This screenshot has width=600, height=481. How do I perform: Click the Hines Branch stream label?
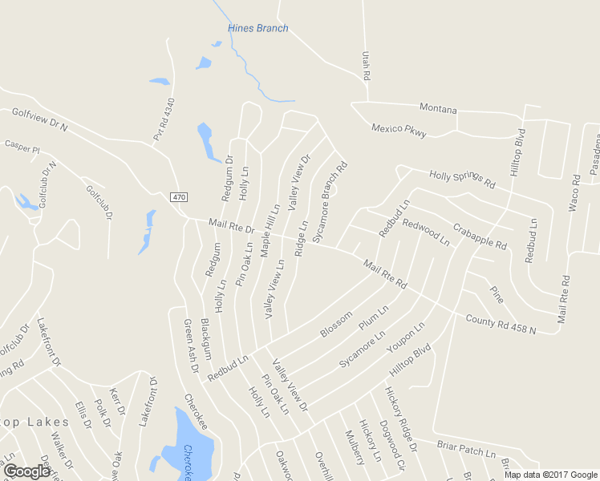(x=257, y=28)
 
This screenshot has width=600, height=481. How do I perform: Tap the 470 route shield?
(x=178, y=196)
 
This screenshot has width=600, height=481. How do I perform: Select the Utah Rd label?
(x=366, y=63)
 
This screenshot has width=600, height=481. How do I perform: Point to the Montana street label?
(x=438, y=109)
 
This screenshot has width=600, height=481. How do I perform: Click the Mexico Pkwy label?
(x=399, y=131)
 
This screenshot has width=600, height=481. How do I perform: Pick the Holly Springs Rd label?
(x=462, y=179)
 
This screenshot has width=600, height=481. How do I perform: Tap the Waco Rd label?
(x=574, y=193)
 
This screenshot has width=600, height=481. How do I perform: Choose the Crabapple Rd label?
(x=480, y=236)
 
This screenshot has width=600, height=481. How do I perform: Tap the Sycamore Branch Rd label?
(x=330, y=203)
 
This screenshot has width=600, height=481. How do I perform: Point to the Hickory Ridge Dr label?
(x=401, y=414)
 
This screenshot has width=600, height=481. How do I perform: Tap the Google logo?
(x=26, y=471)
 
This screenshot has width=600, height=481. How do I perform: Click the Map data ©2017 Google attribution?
(x=551, y=475)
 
